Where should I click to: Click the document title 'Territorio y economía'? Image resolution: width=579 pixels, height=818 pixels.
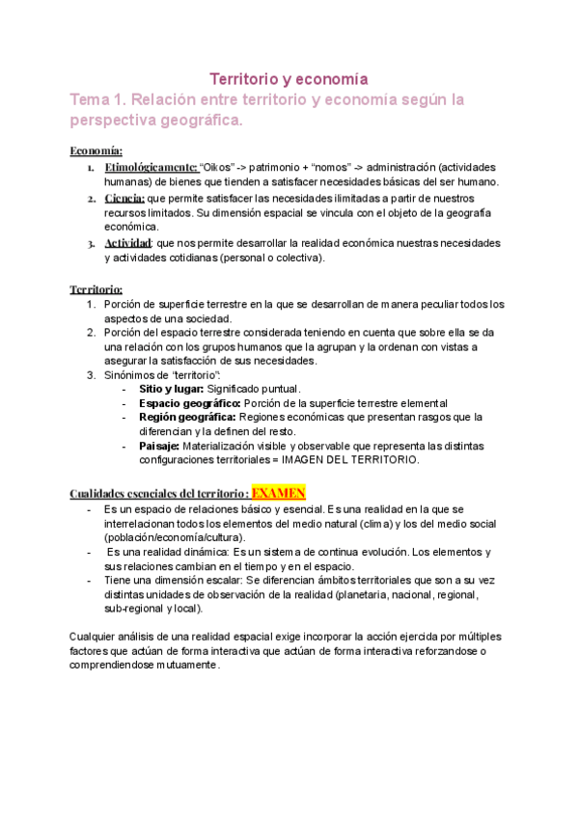click(289, 78)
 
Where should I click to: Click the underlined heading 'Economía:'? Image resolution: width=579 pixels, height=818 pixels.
click(96, 150)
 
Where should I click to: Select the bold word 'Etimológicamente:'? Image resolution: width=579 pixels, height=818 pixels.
click(151, 167)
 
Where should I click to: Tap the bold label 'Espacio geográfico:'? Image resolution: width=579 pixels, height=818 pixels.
click(190, 402)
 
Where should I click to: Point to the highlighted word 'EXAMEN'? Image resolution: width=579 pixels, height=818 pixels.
click(278, 493)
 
